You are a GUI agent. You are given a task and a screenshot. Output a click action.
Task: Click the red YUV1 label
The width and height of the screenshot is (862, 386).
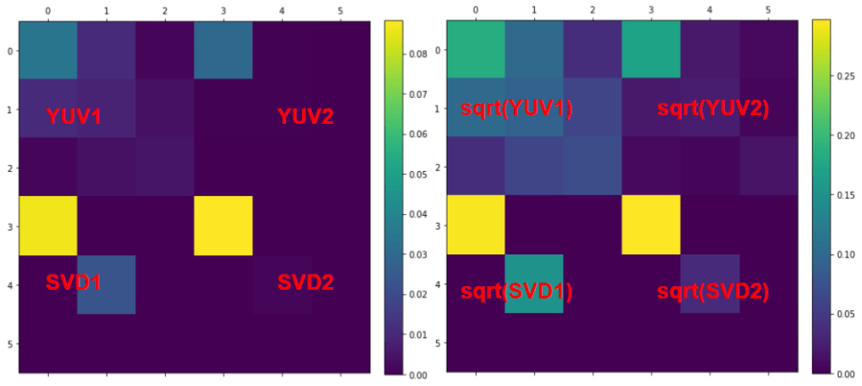coord(74,117)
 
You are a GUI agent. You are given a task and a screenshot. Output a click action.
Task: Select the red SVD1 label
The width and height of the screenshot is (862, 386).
coord(74,282)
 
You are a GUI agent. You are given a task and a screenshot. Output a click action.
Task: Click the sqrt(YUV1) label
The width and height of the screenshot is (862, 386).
coord(516,109)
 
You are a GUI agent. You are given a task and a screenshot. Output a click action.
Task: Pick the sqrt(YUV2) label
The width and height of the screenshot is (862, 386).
coord(713,109)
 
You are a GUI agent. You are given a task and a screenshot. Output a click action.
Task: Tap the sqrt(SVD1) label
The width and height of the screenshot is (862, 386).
coord(516,291)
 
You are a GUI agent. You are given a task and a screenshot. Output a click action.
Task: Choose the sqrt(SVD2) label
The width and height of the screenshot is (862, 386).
coord(713,291)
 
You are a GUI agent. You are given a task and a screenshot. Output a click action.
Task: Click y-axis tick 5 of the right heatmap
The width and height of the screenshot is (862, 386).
coord(437,342)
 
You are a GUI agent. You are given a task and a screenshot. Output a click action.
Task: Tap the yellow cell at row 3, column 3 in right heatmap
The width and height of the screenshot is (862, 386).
coord(651,225)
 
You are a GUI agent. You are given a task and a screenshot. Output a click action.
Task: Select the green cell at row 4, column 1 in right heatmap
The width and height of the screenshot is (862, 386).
coord(534,283)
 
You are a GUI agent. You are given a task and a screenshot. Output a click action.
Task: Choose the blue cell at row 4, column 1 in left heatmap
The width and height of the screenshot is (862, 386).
coord(106,284)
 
